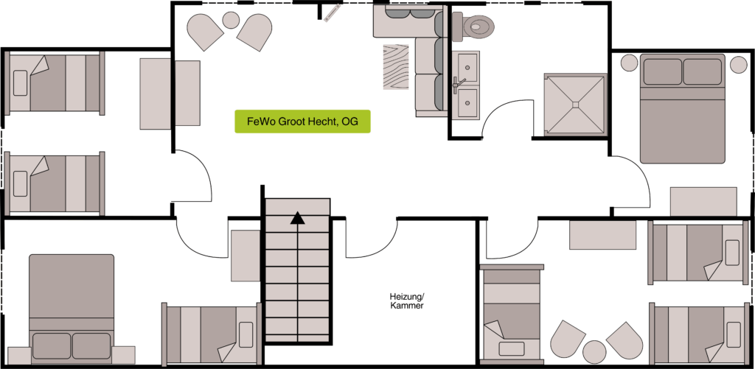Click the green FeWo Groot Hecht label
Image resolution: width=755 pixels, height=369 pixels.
point(302,122)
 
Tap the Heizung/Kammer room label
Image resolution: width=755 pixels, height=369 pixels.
point(407,301)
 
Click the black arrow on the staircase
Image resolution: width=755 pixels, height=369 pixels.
point(298,219)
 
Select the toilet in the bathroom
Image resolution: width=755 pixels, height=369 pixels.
point(473,26)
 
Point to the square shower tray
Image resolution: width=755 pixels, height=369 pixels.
point(574,105)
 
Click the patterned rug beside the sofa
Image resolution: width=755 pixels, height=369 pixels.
point(396,67)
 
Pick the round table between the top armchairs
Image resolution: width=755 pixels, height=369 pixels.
point(231,20)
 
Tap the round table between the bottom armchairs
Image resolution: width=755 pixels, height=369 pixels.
point(594,351)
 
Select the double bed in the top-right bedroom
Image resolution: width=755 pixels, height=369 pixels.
point(682,109)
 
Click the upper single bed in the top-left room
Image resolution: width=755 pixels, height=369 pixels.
point(55,83)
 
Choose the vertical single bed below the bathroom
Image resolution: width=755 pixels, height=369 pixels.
point(512,314)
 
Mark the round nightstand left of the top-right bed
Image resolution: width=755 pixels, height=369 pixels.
point(629,63)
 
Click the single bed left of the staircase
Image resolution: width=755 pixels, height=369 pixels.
point(212,334)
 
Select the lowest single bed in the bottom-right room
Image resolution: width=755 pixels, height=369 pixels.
point(700,334)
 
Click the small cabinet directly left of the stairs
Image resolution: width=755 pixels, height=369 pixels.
point(246,256)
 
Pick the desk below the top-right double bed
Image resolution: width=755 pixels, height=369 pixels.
point(703,202)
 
